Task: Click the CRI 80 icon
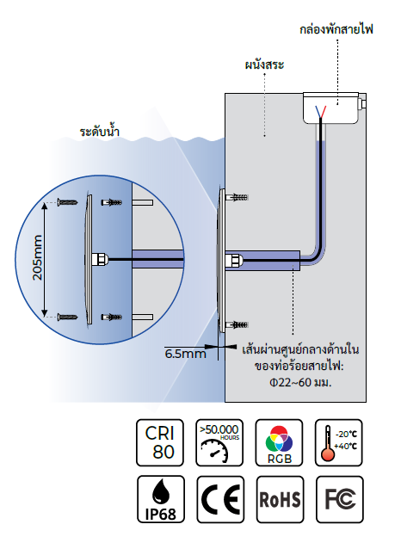click(x=160, y=442)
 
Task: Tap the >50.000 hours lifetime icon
click(x=219, y=442)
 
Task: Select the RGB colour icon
click(x=279, y=442)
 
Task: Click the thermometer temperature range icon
click(x=339, y=442)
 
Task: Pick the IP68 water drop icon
click(x=161, y=499)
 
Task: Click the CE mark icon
click(x=220, y=499)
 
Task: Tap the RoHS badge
click(x=280, y=499)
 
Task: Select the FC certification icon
click(x=340, y=499)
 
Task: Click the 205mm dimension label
click(x=37, y=257)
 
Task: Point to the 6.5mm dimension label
click(x=185, y=354)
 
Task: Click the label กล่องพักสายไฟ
click(x=336, y=29)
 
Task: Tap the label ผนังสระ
click(x=264, y=65)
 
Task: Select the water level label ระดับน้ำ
click(x=100, y=132)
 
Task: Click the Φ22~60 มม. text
click(x=300, y=382)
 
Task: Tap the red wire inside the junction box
click(x=324, y=112)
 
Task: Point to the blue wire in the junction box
click(x=318, y=112)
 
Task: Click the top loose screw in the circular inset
click(x=68, y=202)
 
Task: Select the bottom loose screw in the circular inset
click(x=68, y=318)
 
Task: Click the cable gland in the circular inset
click(x=100, y=260)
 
